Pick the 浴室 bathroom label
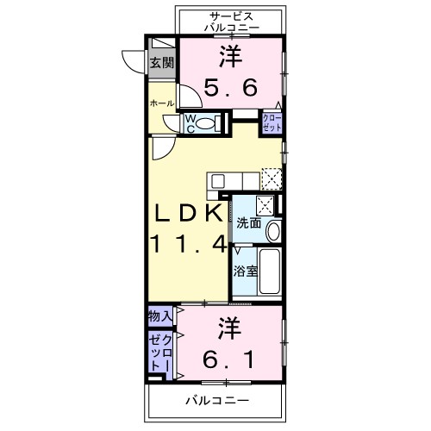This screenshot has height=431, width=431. [x=246, y=270]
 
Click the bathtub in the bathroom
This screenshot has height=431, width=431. [x=271, y=275]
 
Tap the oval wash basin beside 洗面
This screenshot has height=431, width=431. [x=272, y=231]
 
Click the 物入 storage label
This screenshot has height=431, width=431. [x=160, y=315]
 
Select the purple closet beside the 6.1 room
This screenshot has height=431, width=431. [x=159, y=353]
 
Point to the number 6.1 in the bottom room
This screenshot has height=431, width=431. [x=228, y=358]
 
